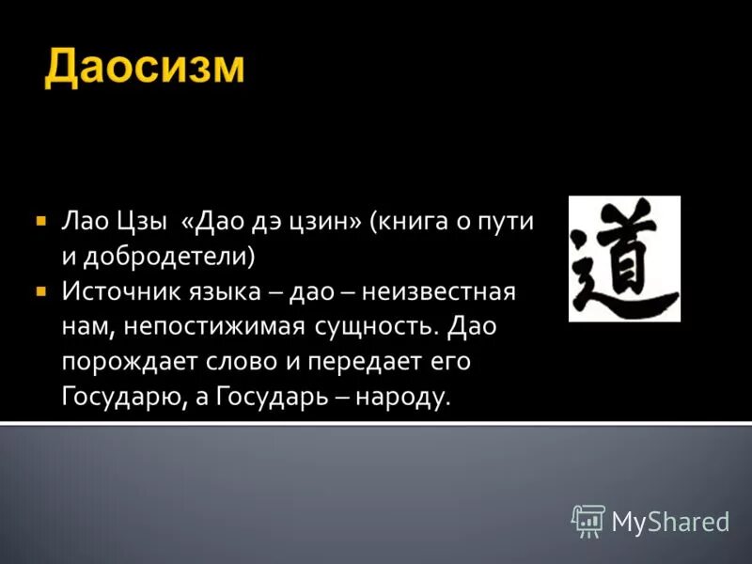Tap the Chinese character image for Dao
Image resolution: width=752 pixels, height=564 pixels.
(x=624, y=258)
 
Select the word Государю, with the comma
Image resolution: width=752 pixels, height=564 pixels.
(x=121, y=396)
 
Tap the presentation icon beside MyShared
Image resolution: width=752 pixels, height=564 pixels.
(x=588, y=519)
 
